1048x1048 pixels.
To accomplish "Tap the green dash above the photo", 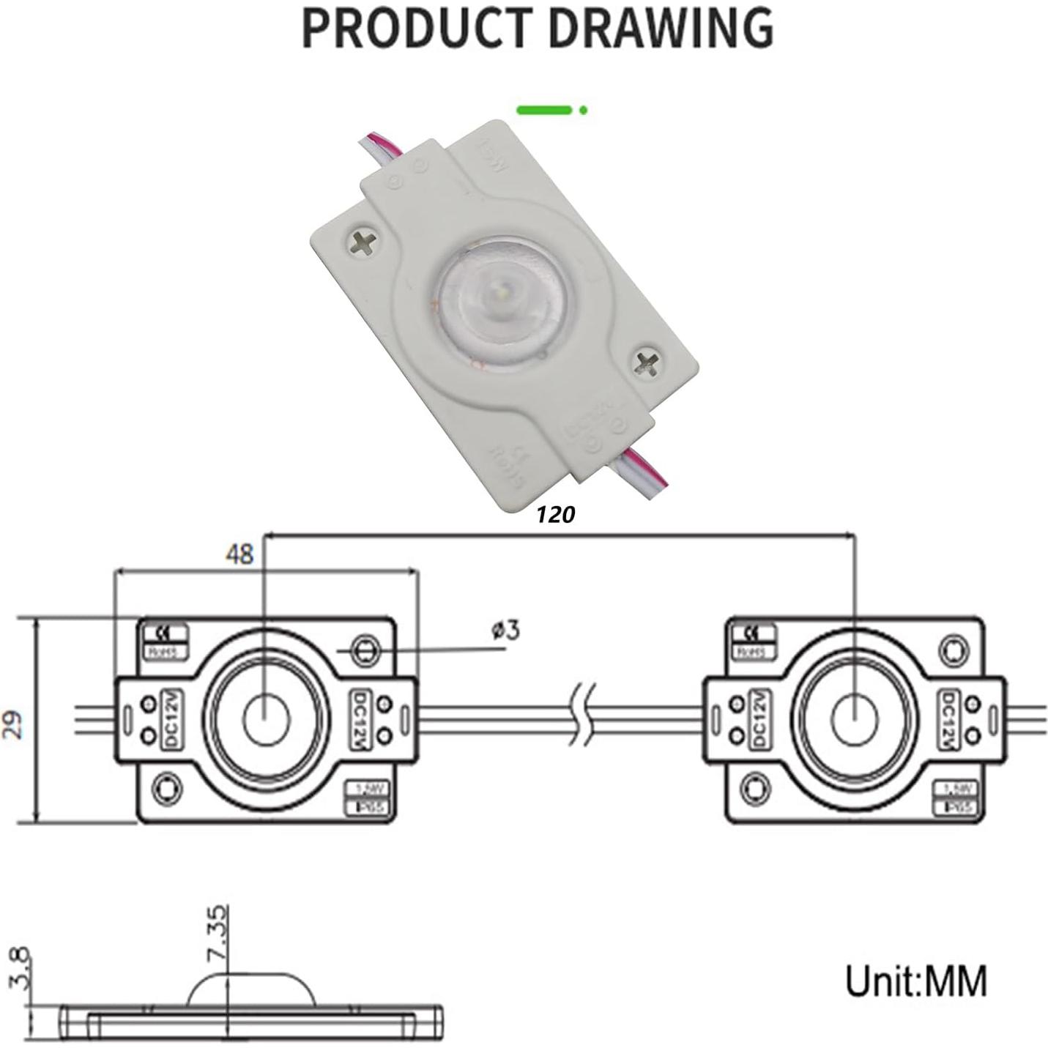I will point(543,111).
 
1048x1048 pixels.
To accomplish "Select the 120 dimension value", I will point(555,515).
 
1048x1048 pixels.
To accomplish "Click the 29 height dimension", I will point(16,721).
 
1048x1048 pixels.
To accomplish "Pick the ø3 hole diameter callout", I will point(506,630).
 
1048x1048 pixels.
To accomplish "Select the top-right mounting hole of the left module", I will point(364,649).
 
